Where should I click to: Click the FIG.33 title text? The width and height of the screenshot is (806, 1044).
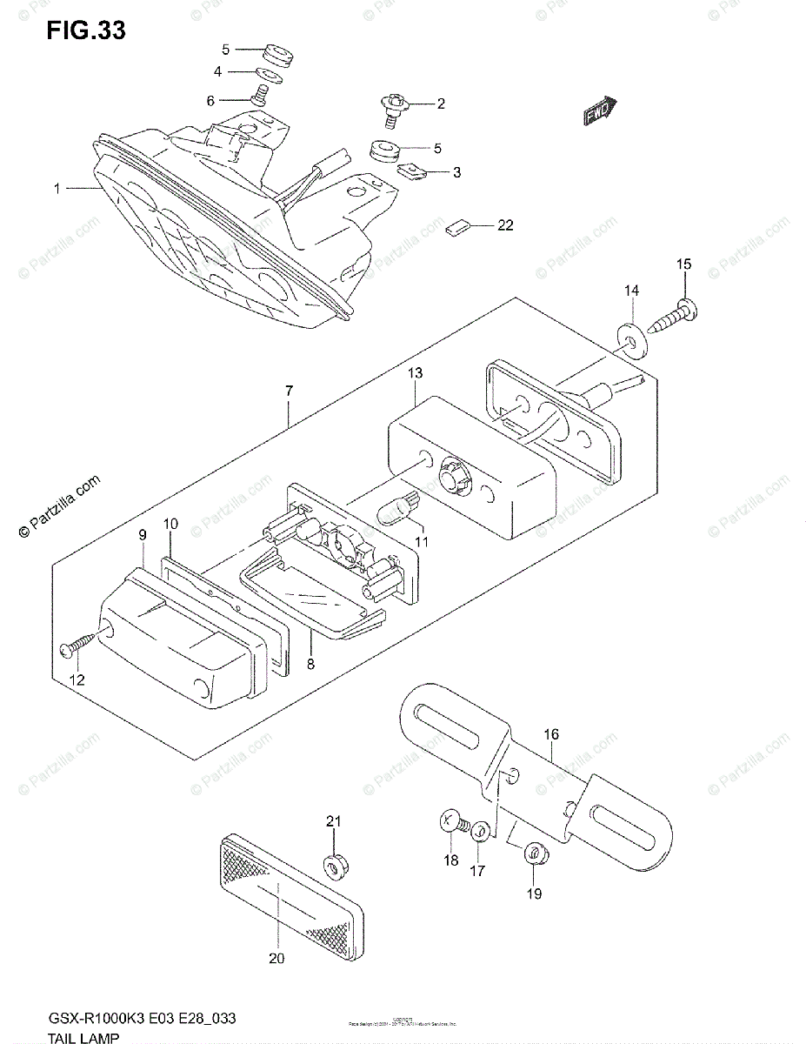[87, 30]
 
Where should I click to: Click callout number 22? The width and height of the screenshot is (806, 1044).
[505, 226]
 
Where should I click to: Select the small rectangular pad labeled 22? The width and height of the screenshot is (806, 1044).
[457, 228]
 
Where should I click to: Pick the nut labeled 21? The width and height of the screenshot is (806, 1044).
[334, 867]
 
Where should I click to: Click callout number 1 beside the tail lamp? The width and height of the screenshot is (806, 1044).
[57, 188]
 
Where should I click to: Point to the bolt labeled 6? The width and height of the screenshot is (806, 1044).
[257, 97]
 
